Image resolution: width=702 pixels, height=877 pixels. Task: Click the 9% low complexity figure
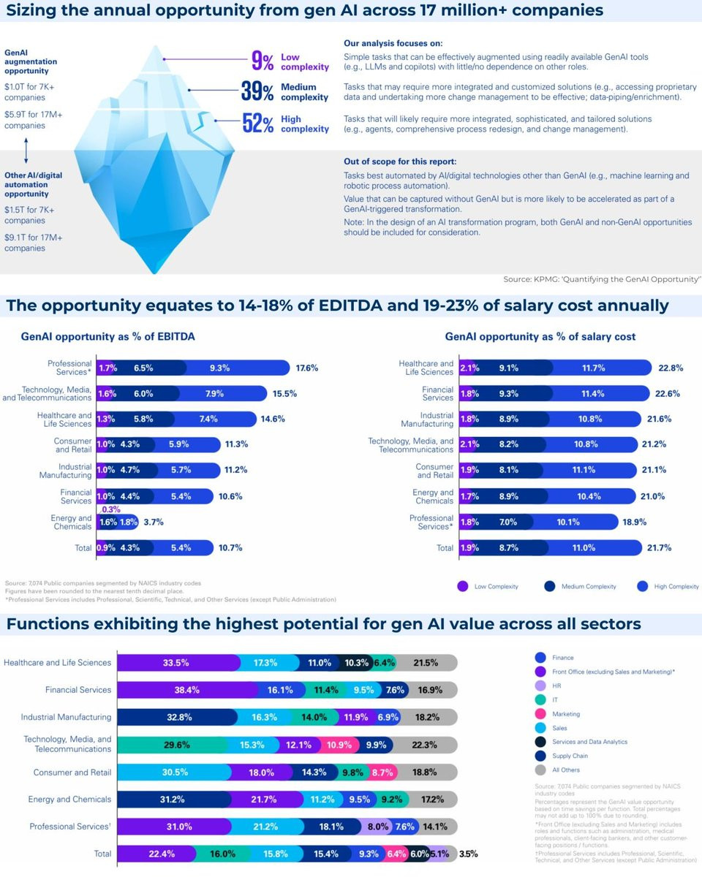(262, 61)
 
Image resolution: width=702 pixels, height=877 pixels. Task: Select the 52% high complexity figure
(257, 124)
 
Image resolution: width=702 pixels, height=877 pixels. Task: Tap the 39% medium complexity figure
(257, 92)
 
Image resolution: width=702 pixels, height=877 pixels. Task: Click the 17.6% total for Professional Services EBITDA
(308, 368)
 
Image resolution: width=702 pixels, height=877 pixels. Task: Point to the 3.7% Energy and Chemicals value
(154, 522)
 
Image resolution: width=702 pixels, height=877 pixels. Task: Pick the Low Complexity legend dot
(462, 586)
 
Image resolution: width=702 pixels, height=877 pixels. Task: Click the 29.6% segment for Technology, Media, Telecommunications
(176, 745)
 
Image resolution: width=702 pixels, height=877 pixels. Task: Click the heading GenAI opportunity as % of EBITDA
(107, 337)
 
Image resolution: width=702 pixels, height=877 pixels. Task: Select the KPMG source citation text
(602, 279)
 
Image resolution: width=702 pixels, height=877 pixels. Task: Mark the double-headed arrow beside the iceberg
(26, 151)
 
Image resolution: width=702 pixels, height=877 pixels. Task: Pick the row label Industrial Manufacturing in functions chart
(66, 717)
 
